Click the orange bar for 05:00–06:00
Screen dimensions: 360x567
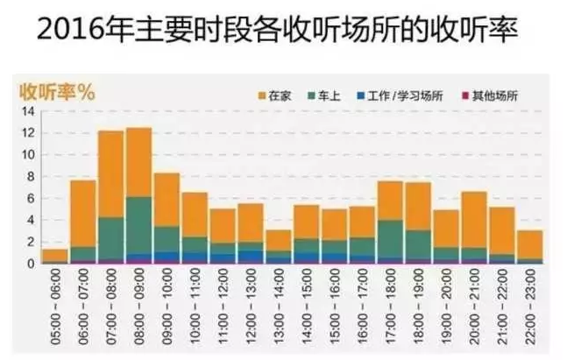[x=54, y=255]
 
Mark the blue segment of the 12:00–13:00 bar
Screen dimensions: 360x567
[x=251, y=257]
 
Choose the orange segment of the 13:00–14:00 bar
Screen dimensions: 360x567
[x=279, y=240]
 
